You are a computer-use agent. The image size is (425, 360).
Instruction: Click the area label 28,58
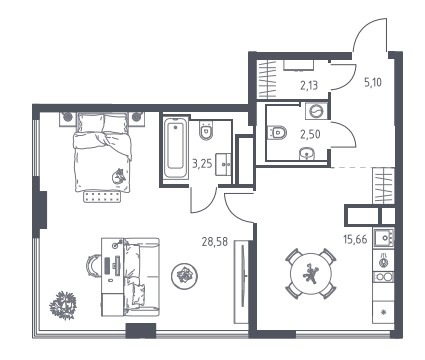[215, 241]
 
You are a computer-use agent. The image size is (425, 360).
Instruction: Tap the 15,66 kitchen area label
[355, 239]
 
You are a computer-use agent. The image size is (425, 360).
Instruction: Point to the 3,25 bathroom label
[202, 164]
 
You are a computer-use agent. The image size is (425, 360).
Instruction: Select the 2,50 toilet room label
[310, 134]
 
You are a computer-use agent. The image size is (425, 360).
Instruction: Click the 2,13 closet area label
[309, 86]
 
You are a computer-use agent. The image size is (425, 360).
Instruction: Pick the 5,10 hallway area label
[373, 82]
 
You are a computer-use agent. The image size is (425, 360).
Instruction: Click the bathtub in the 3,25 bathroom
[175, 148]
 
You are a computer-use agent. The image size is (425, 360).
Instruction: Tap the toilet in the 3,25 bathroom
[206, 131]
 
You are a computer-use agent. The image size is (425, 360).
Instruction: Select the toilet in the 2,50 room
[278, 133]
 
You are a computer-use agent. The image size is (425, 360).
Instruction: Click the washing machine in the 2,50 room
[316, 111]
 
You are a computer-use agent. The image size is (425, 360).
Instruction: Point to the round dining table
[311, 274]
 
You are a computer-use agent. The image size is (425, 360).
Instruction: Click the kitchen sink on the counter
[384, 238]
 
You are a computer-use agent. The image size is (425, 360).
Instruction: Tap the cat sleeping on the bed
[118, 176]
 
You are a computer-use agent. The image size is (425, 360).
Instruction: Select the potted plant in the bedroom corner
[63, 305]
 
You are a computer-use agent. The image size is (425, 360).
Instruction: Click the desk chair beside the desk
[93, 265]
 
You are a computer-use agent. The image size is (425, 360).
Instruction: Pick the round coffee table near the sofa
[184, 276]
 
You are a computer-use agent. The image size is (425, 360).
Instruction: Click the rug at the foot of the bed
[102, 197]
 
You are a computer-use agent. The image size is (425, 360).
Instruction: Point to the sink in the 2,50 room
[307, 154]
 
